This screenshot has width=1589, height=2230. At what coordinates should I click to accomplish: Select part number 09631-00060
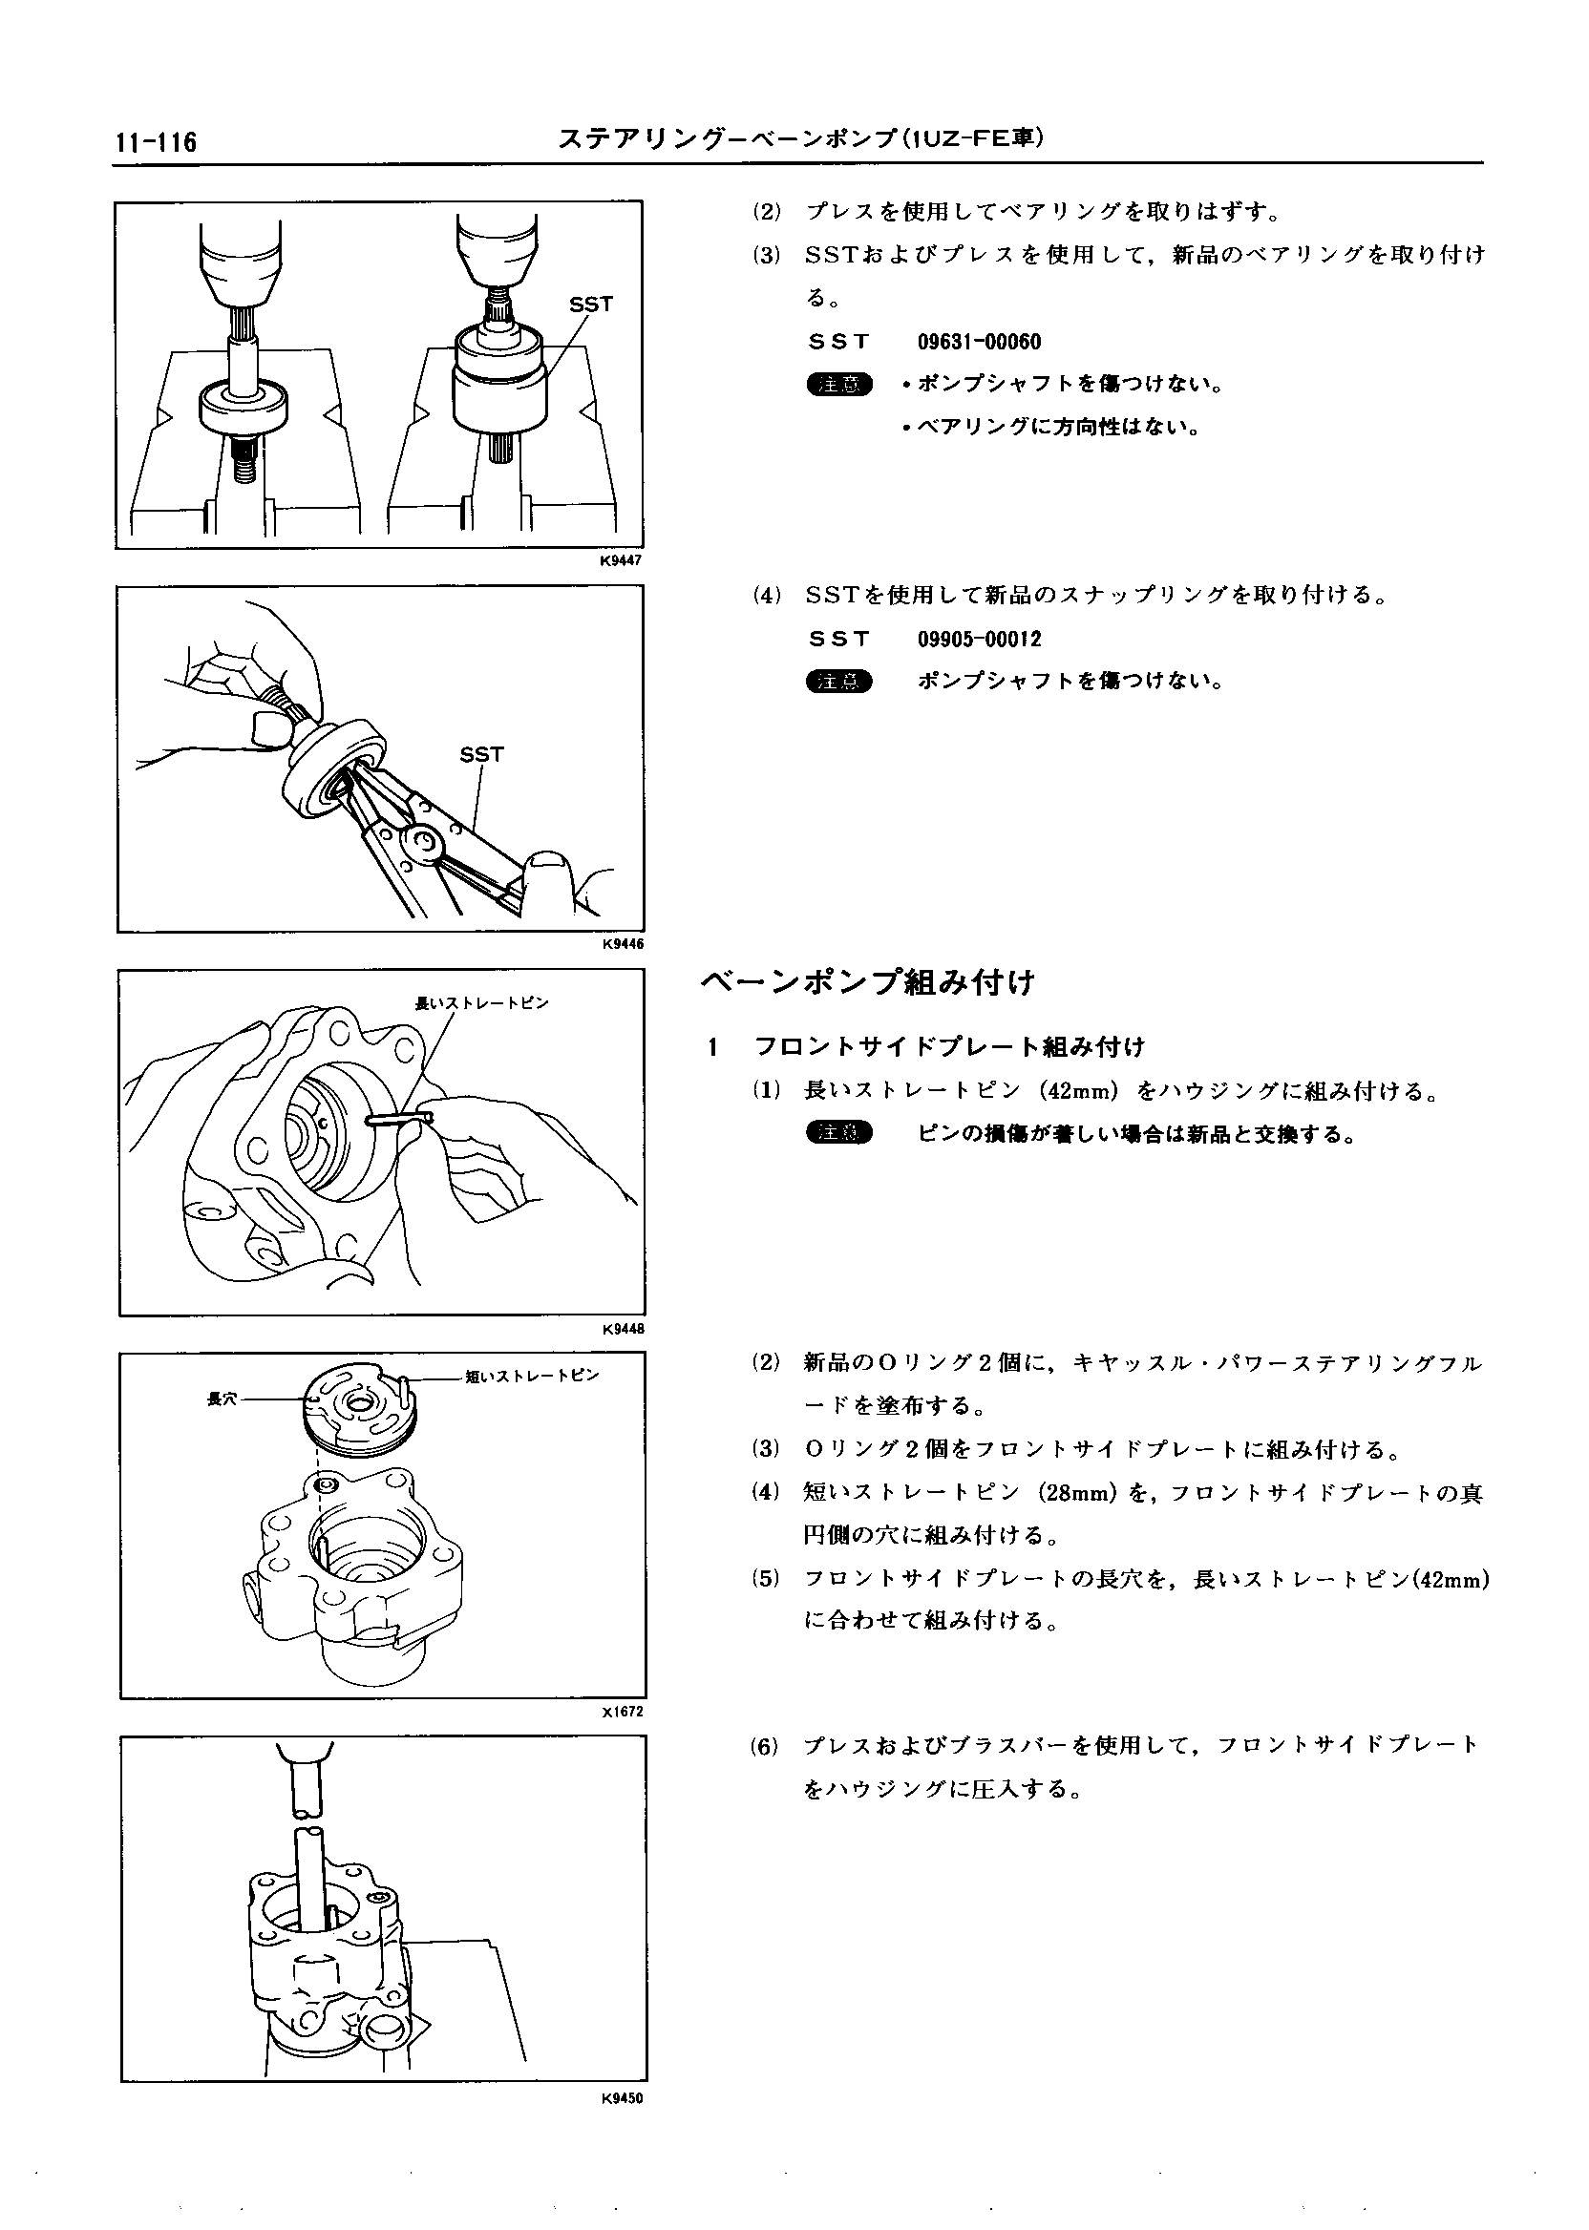[979, 343]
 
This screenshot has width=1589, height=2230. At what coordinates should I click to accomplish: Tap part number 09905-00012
[979, 640]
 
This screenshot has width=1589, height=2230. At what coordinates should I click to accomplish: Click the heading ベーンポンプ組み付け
[868, 982]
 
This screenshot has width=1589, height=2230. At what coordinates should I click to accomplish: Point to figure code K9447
[622, 560]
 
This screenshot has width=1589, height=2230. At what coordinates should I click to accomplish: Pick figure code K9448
[623, 1329]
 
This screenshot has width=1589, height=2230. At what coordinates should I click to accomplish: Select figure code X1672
[623, 1713]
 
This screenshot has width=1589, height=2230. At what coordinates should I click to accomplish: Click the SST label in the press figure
[591, 305]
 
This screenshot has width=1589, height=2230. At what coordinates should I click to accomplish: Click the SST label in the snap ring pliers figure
[481, 754]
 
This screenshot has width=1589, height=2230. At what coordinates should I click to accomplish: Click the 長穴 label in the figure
[222, 1399]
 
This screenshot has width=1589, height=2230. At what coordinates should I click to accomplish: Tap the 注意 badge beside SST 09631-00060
[838, 385]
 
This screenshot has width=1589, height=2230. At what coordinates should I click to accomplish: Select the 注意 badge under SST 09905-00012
[838, 682]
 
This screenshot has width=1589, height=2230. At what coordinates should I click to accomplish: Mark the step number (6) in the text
[764, 1747]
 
